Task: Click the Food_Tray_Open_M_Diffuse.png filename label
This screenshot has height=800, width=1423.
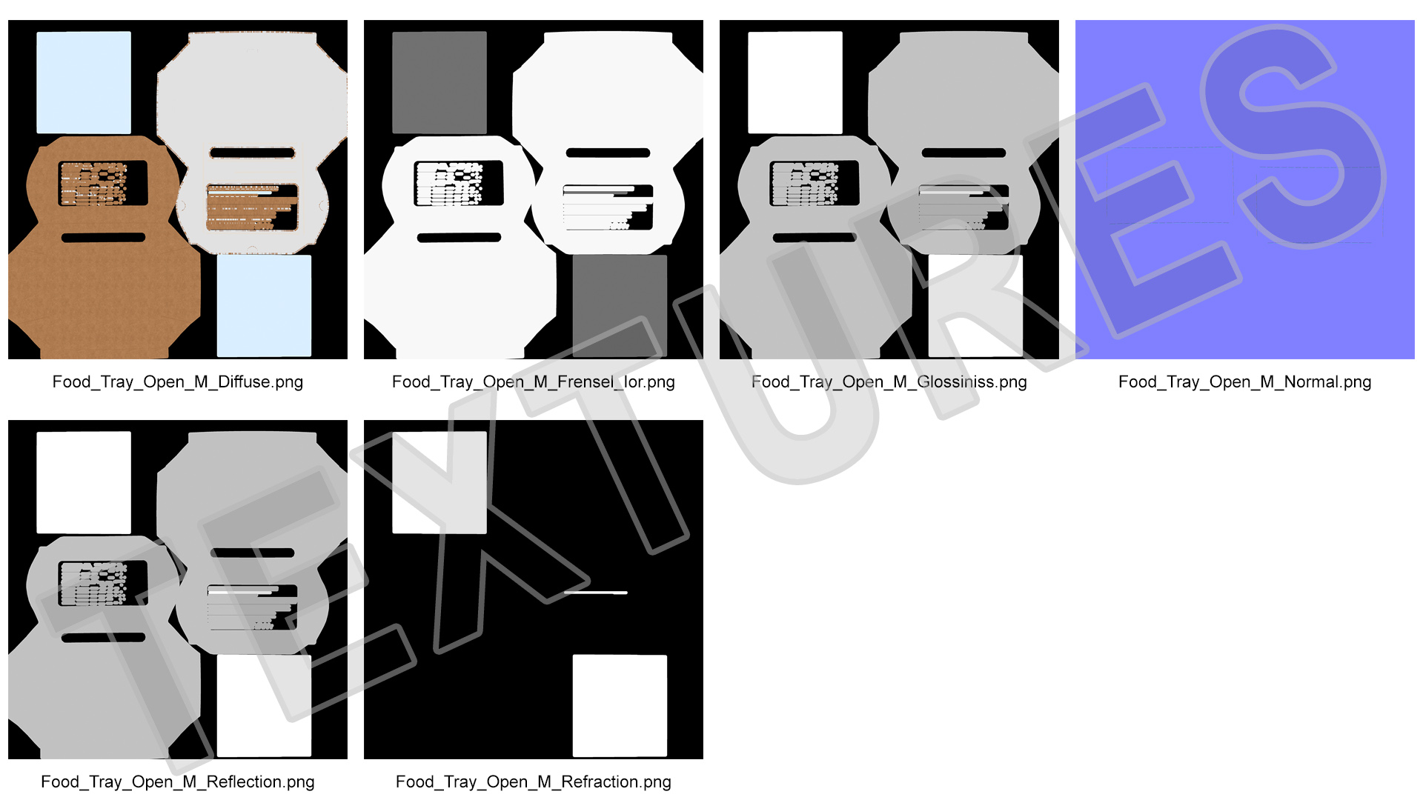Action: [x=178, y=382]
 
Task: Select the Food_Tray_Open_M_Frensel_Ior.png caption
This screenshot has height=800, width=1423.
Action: [x=534, y=382]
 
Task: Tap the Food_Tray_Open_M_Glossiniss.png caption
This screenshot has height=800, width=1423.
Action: [x=889, y=382]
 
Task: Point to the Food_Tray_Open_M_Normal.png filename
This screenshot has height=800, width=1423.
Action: [x=1245, y=382]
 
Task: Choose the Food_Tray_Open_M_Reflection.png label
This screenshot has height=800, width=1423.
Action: [x=178, y=782]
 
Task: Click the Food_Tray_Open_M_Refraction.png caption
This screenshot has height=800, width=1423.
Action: [x=534, y=782]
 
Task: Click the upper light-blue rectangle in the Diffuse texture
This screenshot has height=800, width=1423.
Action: [x=84, y=82]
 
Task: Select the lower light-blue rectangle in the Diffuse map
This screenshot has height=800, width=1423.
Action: [x=264, y=306]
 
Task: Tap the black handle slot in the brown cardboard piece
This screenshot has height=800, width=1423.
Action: [x=104, y=238]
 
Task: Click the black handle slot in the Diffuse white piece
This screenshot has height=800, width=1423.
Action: [x=252, y=153]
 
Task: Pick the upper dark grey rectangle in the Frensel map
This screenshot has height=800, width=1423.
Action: [x=439, y=82]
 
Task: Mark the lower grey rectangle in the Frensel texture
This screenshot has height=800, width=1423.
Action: [x=620, y=306]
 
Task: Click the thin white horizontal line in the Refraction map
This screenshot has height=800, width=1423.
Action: [x=596, y=593]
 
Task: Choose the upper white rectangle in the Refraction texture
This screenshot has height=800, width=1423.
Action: [x=439, y=482]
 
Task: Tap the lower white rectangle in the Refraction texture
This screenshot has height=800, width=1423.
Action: [x=620, y=706]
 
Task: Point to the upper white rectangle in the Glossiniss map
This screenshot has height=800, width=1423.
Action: [x=795, y=82]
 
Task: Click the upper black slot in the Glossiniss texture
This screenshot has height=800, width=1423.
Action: [x=963, y=153]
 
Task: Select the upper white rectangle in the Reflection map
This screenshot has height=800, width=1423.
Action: [x=84, y=482]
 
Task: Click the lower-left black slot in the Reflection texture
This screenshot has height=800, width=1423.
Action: [x=104, y=638]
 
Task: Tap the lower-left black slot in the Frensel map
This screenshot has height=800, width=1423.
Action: [x=460, y=238]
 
